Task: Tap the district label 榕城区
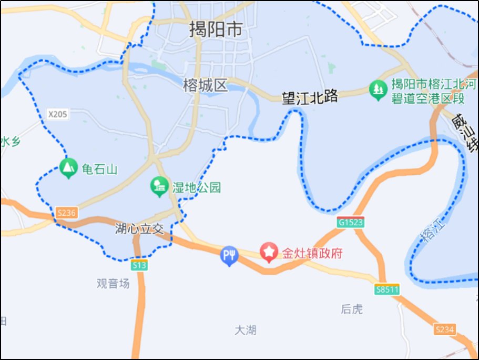206,85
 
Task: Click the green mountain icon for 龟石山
67,168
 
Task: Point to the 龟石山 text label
99,169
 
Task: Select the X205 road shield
57,114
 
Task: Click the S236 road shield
67,213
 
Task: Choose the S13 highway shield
139,266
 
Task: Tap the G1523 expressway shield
351,223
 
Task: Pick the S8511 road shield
388,289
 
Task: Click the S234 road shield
444,329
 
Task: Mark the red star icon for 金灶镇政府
270,253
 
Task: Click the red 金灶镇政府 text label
312,253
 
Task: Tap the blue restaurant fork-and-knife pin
229,256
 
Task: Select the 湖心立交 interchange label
140,229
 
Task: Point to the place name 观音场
113,283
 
